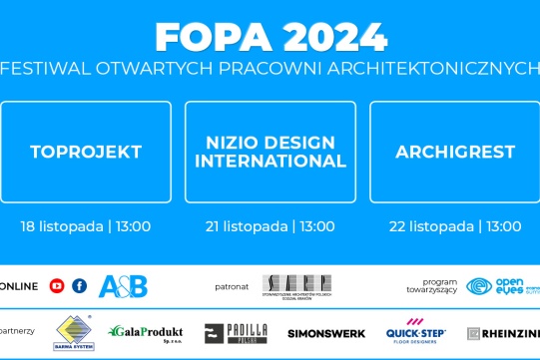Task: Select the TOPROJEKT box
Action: pyautogui.click(x=86, y=153)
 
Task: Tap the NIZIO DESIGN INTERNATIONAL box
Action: pyautogui.click(x=270, y=153)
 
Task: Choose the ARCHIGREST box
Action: pyautogui.click(x=455, y=153)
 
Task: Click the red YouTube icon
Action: pyautogui.click(x=57, y=286)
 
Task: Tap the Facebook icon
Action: pyautogui.click(x=80, y=286)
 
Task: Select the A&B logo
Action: pyautogui.click(x=124, y=286)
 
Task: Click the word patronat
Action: pyautogui.click(x=232, y=287)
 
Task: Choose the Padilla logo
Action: pyautogui.click(x=236, y=333)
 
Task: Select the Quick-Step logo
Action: pyautogui.click(x=416, y=333)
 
